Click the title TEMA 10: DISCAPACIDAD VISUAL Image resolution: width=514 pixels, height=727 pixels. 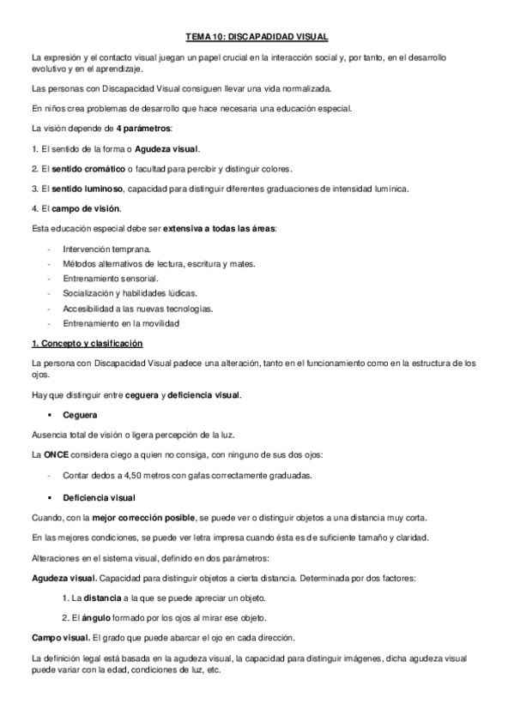(x=257, y=37)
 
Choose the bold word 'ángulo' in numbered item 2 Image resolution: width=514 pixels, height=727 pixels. (x=96, y=617)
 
